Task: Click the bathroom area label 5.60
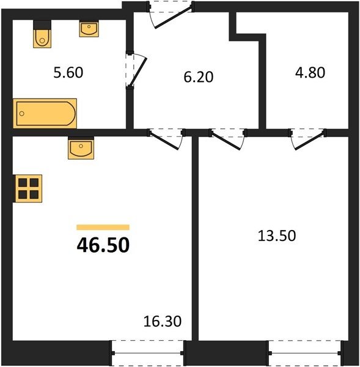coord(68,72)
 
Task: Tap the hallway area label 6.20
coord(199,77)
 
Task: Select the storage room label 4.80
coord(310,72)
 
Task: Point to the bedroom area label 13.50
coord(277,235)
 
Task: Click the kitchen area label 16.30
coord(163,321)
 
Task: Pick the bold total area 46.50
coord(103,245)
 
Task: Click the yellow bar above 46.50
coord(103,228)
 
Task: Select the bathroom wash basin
coord(89,29)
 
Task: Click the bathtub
coord(45,114)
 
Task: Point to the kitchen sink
coord(81,148)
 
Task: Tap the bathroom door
coord(138,72)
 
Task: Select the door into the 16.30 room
coord(164,140)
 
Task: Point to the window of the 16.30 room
coord(147,353)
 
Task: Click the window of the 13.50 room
coord(305,353)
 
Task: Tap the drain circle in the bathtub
coord(22,114)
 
